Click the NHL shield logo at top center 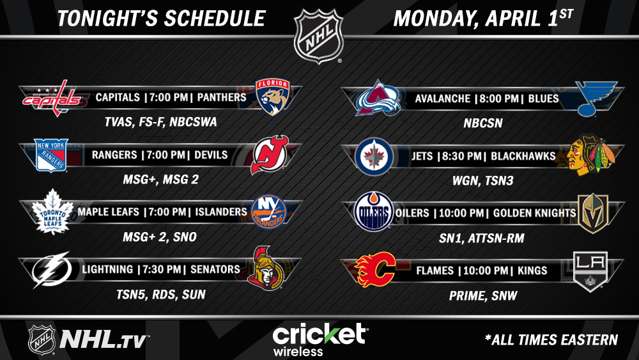[319, 36]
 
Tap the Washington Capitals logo [52, 98]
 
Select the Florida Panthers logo [273, 97]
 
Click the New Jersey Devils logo [270, 154]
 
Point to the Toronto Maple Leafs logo [52, 212]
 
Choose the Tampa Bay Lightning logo [51, 269]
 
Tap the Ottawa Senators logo [266, 268]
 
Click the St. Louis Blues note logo [596, 98]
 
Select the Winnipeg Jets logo [374, 157]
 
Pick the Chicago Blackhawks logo [592, 155]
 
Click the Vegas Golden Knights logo [594, 213]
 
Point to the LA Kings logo [590, 271]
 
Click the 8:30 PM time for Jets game [460, 156]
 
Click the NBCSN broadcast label [483, 123]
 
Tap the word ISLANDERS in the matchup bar [221, 212]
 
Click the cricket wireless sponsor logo [320, 339]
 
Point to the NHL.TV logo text [104, 339]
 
